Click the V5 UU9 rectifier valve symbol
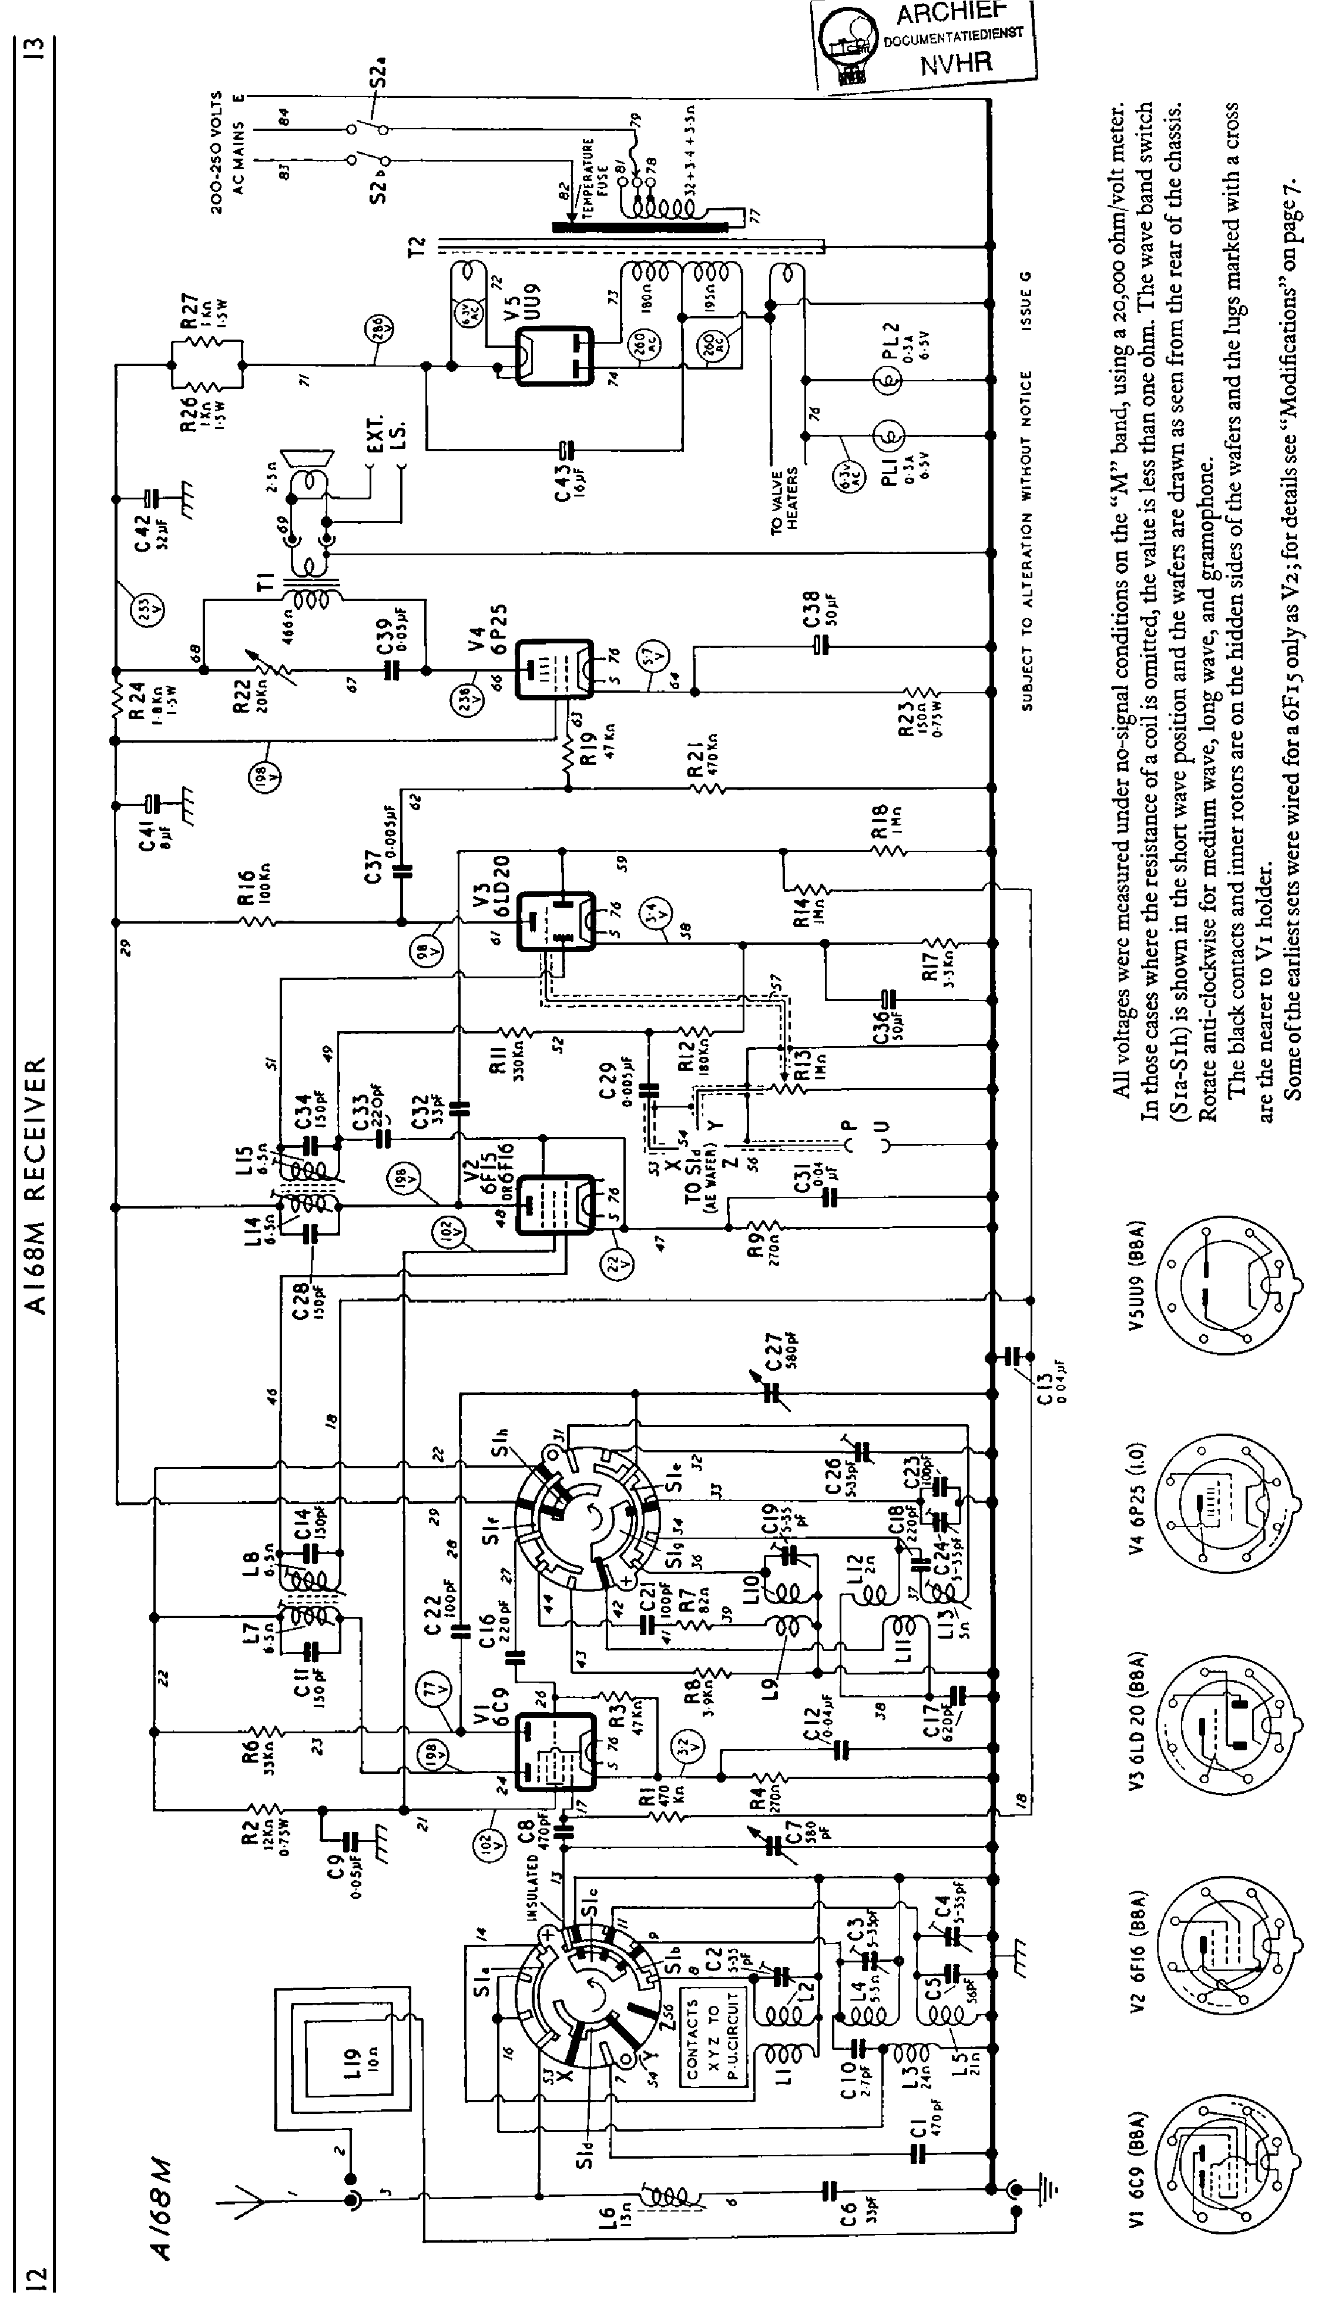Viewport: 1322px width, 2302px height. point(554,356)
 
